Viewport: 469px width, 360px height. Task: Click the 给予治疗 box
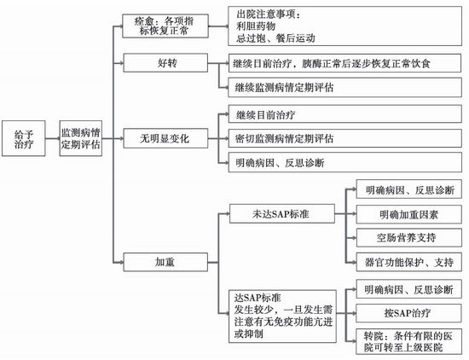pos(24,138)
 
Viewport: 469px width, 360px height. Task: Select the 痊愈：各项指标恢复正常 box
pos(165,26)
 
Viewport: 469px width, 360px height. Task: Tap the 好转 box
pos(165,63)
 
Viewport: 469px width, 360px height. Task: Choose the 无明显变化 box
pos(165,138)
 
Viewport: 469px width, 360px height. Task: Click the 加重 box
pos(165,262)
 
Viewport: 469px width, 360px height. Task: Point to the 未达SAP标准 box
pos(281,213)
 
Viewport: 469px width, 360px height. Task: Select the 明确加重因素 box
pos(408,214)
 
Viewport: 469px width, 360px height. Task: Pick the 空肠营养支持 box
pos(408,238)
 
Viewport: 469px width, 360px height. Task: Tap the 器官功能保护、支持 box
pos(408,262)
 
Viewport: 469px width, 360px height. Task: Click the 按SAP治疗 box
pos(408,313)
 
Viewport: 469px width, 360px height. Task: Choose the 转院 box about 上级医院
pos(408,341)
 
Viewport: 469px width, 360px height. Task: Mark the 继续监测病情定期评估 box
pos(345,87)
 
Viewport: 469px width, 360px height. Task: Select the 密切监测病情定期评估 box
pos(345,138)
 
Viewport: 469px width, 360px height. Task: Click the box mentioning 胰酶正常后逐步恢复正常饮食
pos(345,63)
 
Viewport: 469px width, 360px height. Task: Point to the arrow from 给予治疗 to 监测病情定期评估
pos(53,138)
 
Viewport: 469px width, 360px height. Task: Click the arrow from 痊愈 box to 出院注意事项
pos(218,26)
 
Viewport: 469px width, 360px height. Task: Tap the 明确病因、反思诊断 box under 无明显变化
pos(345,162)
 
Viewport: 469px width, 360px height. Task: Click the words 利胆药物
pos(256,26)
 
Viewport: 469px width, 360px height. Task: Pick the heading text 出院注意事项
pos(269,14)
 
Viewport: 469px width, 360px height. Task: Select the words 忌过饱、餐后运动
pos(275,38)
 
